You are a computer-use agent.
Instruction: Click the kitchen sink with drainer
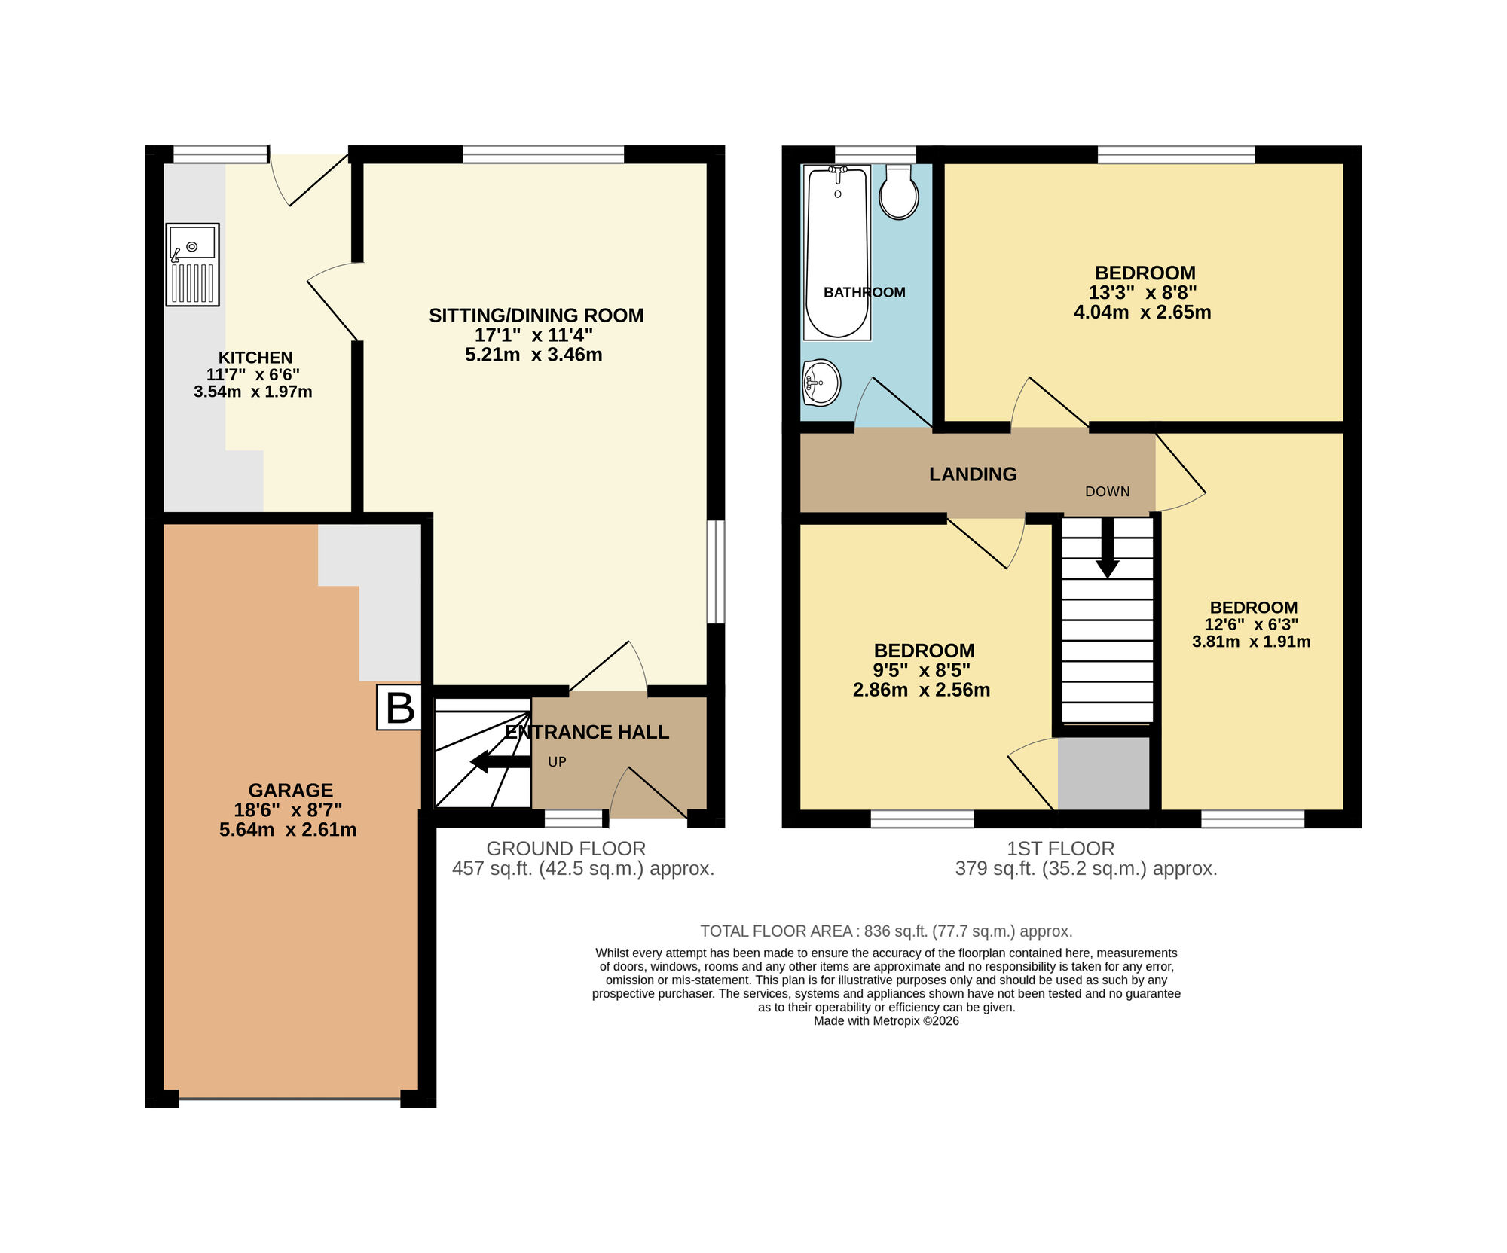(192, 264)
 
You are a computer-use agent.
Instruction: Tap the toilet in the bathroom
(898, 193)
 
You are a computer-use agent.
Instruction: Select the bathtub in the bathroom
(837, 252)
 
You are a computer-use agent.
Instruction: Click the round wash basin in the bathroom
(821, 383)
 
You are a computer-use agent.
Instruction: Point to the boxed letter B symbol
(399, 708)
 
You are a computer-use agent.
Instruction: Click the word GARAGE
(291, 791)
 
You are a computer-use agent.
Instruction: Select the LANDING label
(973, 474)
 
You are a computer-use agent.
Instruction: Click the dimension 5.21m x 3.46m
(533, 355)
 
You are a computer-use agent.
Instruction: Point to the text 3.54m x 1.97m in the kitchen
(252, 392)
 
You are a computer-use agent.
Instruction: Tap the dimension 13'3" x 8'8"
(1142, 293)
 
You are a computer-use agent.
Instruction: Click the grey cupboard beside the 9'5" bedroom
(1103, 773)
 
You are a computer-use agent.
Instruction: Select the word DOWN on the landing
(1107, 492)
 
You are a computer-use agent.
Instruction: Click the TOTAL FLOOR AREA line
(886, 931)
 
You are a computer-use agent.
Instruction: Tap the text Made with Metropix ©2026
(886, 1021)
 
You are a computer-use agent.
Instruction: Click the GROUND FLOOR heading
(566, 849)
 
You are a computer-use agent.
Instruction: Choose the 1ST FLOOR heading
(1060, 849)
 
